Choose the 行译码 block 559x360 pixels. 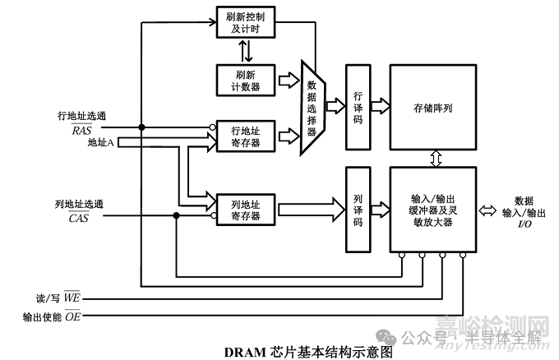(x=358, y=107)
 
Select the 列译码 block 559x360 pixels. (x=358, y=210)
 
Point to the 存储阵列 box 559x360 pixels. (x=432, y=107)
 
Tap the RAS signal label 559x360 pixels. (x=81, y=130)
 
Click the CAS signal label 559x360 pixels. (x=79, y=218)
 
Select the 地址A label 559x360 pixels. (x=101, y=142)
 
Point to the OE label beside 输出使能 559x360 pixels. (x=72, y=316)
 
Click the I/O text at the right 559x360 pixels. (x=523, y=224)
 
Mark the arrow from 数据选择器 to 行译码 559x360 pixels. (x=335, y=105)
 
